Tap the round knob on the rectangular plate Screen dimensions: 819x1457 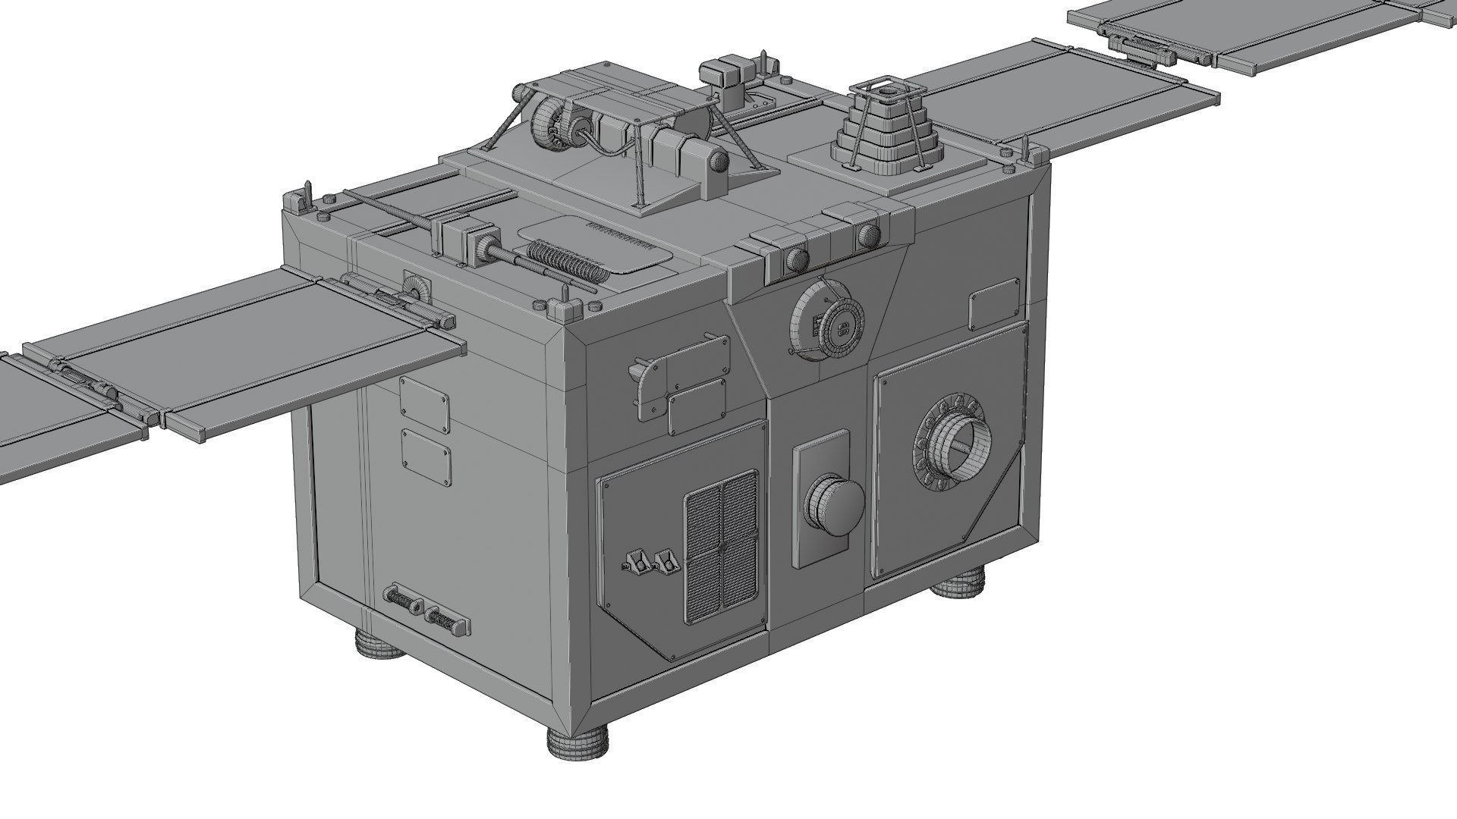pyautogui.click(x=832, y=504)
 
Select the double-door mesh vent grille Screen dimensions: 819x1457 pyautogui.click(x=722, y=546)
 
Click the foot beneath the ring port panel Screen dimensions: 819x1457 pyautogui.click(x=958, y=586)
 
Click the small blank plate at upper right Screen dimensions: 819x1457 pyautogui.click(x=993, y=303)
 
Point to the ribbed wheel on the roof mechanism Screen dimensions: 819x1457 pyautogui.click(x=548, y=125)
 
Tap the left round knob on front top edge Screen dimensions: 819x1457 pyautogui.click(x=795, y=260)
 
